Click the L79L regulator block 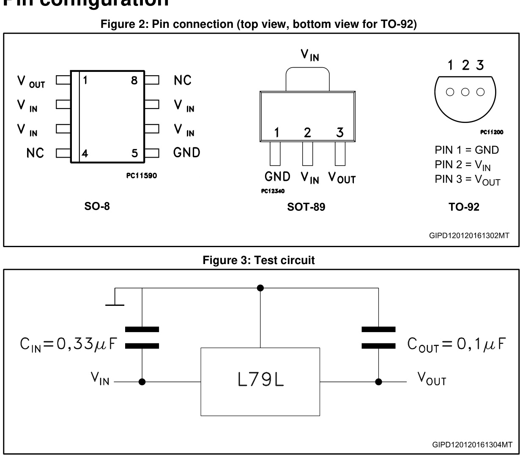[x=260, y=381]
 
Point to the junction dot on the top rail [x=260, y=288]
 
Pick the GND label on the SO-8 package [x=187, y=153]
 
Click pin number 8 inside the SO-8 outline [x=134, y=80]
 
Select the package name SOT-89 [x=307, y=207]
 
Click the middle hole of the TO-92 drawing [x=465, y=92]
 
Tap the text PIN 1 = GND [x=467, y=150]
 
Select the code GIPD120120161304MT [x=472, y=444]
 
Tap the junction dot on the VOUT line [x=379, y=381]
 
